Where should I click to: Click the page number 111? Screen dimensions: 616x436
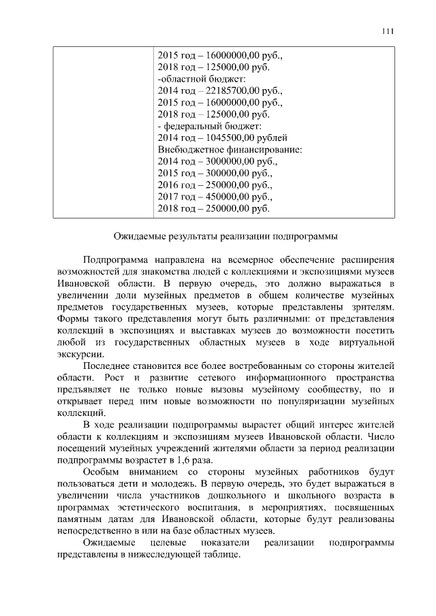tap(388, 31)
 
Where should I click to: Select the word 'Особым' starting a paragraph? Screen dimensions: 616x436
tap(99, 471)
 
